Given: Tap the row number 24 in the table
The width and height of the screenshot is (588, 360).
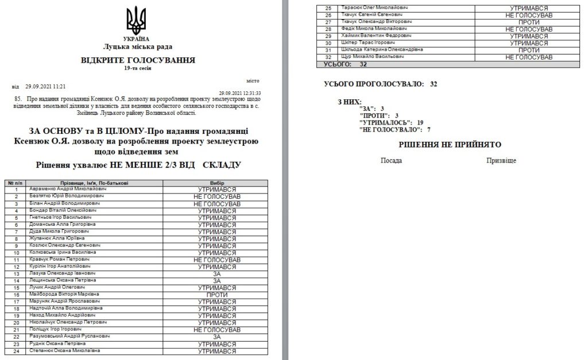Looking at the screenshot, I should [17, 351].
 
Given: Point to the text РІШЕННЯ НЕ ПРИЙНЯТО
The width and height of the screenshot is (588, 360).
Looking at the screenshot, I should [442, 145].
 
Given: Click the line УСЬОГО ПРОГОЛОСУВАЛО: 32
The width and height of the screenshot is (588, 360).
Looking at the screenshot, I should [381, 84].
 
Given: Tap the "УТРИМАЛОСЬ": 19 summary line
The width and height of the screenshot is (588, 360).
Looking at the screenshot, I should [390, 123].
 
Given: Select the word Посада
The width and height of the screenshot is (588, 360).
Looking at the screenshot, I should [391, 161].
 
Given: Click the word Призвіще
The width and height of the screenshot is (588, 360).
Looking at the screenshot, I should [501, 161].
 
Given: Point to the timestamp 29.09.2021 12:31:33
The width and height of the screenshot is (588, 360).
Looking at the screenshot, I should [240, 92].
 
